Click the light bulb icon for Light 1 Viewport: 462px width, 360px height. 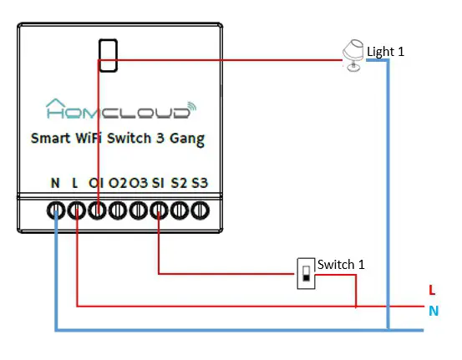pos(353,57)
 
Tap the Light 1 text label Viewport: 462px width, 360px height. pos(385,52)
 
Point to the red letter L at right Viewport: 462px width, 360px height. pos(431,291)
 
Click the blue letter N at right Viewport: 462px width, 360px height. pos(433,312)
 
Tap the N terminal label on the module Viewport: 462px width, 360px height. pos(55,182)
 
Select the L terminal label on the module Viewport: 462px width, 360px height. pos(76,182)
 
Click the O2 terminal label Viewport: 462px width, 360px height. pos(118,182)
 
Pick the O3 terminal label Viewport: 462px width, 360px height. pos(139,182)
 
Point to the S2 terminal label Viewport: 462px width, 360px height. pos(179,182)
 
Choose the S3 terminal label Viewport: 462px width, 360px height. pos(200,182)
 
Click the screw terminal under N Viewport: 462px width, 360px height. pos(56,210)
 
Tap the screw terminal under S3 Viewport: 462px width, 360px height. pos(199,210)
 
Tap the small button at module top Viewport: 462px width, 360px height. pos(106,55)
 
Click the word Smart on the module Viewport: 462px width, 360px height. pos(50,139)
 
